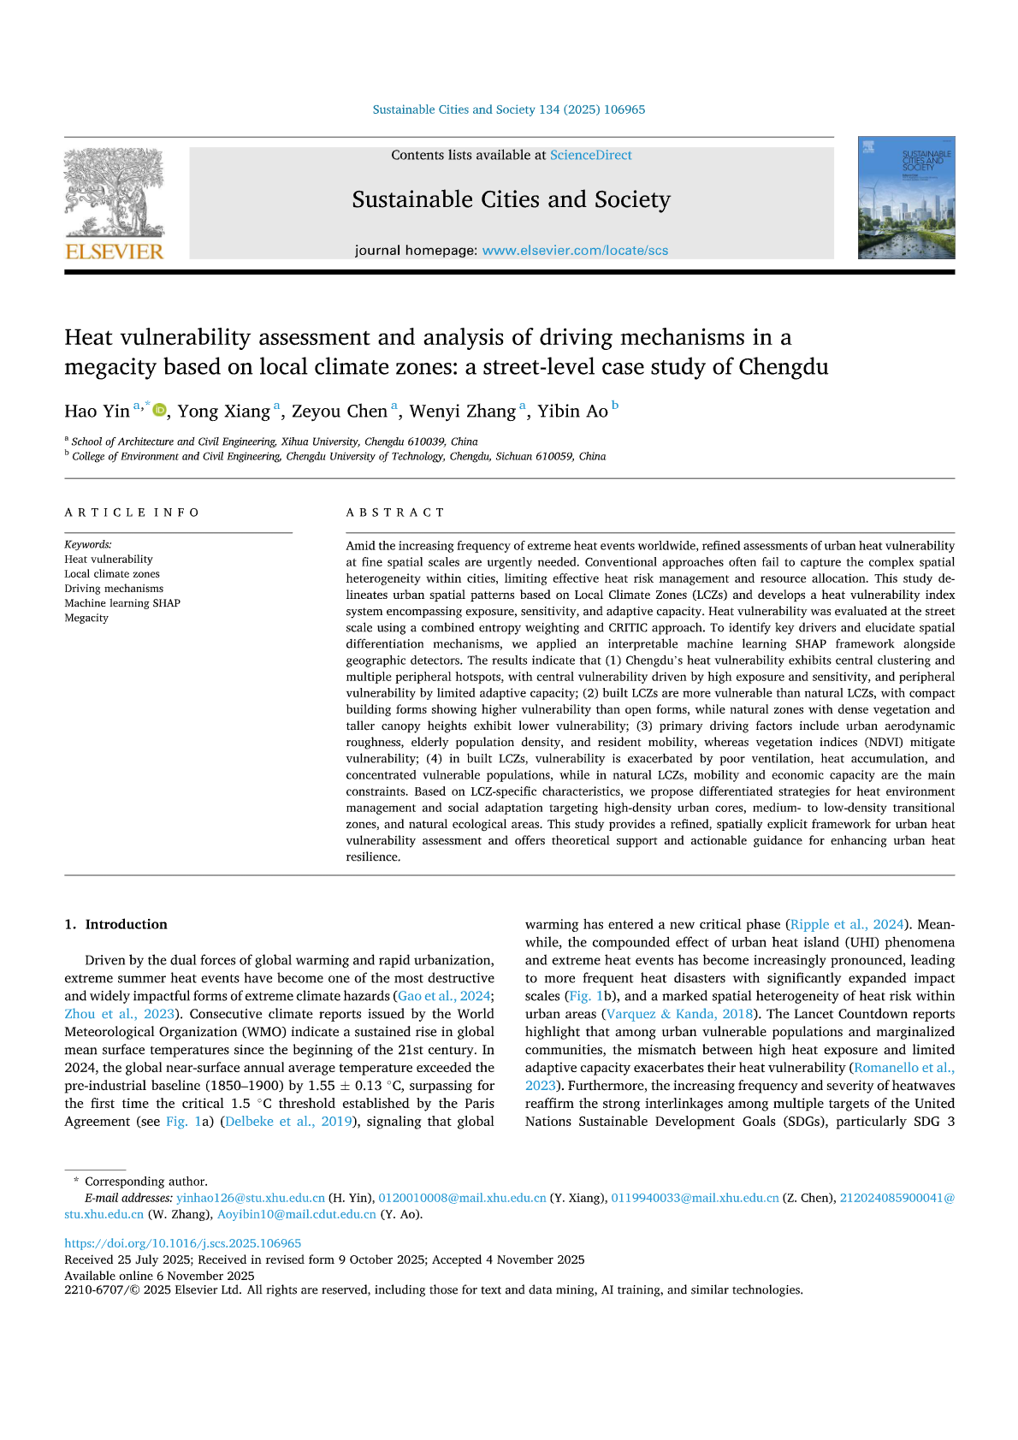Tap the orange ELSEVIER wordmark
114,252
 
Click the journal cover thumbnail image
906,198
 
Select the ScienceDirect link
590,156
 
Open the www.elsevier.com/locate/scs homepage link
575,251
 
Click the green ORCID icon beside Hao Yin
159,410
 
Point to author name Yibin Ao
572,412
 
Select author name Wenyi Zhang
462,412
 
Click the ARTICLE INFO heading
132,513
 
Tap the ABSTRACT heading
395,513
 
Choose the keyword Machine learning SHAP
122,603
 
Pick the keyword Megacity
86,618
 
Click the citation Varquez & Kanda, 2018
680,1014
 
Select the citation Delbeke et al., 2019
287,1122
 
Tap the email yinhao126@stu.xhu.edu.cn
251,1198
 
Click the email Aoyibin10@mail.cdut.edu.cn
296,1214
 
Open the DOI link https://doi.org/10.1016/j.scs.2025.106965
182,1243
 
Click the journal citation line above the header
509,110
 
